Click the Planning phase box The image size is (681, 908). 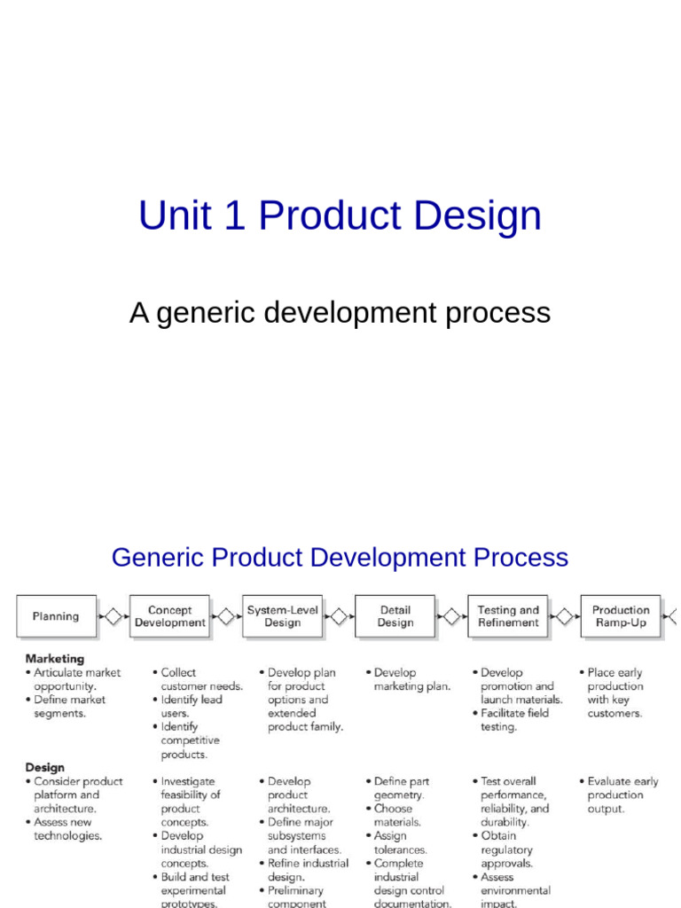[56, 616]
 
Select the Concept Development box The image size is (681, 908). [169, 616]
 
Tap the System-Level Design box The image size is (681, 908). [282, 616]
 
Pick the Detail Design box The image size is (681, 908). [395, 616]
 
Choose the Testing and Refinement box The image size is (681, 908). [507, 616]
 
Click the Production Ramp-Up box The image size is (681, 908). [620, 616]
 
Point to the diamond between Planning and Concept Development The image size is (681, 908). [113, 616]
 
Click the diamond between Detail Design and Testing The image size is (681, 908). [451, 616]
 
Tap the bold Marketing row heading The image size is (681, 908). [55, 659]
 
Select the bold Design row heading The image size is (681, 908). [44, 767]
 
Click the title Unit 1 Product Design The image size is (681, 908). [340, 216]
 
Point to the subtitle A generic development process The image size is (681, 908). [340, 313]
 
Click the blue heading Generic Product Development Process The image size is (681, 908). [340, 558]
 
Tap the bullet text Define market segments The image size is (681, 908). [69, 706]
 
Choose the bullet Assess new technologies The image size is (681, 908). [67, 828]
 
